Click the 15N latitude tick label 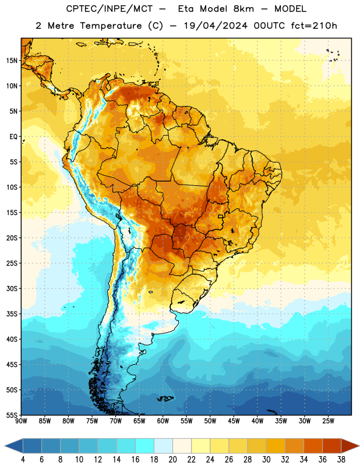point(12,61)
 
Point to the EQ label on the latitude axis point(13,137)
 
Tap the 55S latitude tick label point(12,415)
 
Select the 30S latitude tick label point(12,288)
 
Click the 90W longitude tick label point(21,421)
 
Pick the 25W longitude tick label point(328,421)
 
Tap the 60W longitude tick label point(163,421)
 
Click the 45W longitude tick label point(234,421)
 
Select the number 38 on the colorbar point(341,460)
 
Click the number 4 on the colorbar point(23,460)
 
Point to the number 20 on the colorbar point(172,460)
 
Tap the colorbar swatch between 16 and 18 point(145,446)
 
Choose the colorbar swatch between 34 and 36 point(313,446)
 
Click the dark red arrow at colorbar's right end point(350,446)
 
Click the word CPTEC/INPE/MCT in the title point(110,9)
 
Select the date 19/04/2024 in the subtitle point(216,26)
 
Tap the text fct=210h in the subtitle point(314,26)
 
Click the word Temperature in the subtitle point(111,26)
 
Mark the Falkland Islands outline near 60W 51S point(165,398)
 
